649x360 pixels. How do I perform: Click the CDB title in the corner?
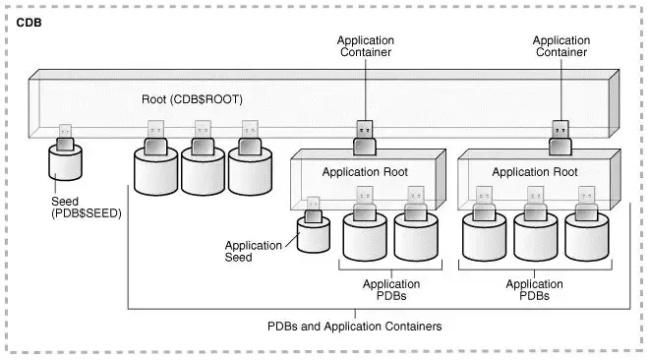29,21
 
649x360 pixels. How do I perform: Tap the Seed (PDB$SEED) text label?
86,208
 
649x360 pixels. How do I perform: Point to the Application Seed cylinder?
316,236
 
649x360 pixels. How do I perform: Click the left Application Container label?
365,47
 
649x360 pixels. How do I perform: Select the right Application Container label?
561,47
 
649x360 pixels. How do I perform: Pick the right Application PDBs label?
534,290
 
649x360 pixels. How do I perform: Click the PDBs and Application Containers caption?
355,326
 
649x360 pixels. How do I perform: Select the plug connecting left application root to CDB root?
364,139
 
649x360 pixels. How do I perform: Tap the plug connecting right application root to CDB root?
560,139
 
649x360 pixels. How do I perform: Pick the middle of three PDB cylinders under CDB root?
203,172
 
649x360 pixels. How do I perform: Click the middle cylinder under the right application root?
535,236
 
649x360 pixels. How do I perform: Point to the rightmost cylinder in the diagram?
586,236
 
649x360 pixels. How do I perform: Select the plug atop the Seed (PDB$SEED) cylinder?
66,137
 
